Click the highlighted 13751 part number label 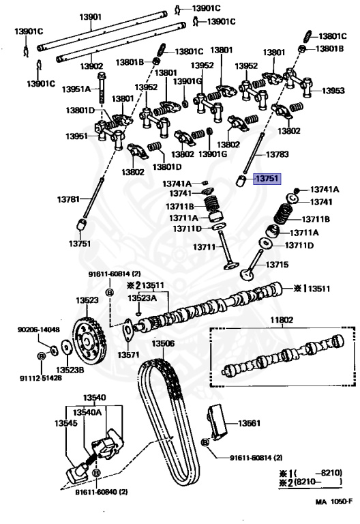[x=267, y=179]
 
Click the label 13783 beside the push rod [x=277, y=155]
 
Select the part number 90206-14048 [x=38, y=330]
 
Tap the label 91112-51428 [x=38, y=377]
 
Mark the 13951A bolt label [x=76, y=89]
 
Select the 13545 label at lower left [x=76, y=422]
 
